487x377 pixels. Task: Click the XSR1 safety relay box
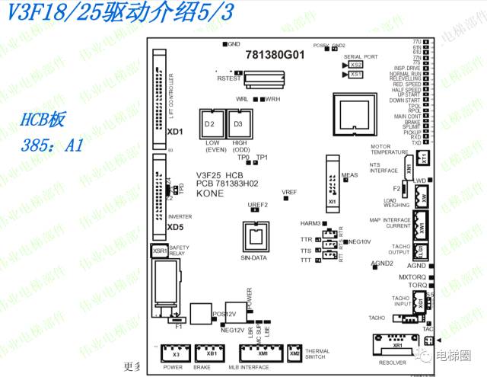click(x=159, y=251)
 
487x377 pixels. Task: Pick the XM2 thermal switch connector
click(x=294, y=354)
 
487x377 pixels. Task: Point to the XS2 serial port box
click(x=357, y=65)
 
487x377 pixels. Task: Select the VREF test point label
click(x=289, y=192)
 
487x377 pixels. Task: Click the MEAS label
click(x=350, y=174)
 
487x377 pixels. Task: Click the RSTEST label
click(x=228, y=78)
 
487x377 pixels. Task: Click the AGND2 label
click(x=381, y=264)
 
